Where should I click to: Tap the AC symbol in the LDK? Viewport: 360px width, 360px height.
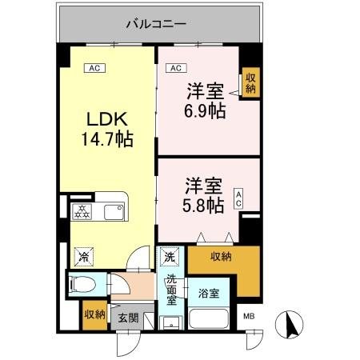(94, 69)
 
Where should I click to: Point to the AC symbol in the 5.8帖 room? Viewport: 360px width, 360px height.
(238, 199)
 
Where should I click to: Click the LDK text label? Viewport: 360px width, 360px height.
(106, 120)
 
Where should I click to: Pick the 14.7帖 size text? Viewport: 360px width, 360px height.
(106, 139)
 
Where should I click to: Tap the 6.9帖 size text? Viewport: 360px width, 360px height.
(205, 110)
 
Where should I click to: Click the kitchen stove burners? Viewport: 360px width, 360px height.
(82, 211)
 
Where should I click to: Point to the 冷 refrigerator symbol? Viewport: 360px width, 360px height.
(83, 257)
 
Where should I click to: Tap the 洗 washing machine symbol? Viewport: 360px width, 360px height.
(170, 257)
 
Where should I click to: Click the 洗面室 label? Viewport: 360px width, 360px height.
(172, 292)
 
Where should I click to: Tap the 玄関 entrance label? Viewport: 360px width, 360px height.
(129, 318)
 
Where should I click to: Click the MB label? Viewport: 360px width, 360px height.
(249, 318)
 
